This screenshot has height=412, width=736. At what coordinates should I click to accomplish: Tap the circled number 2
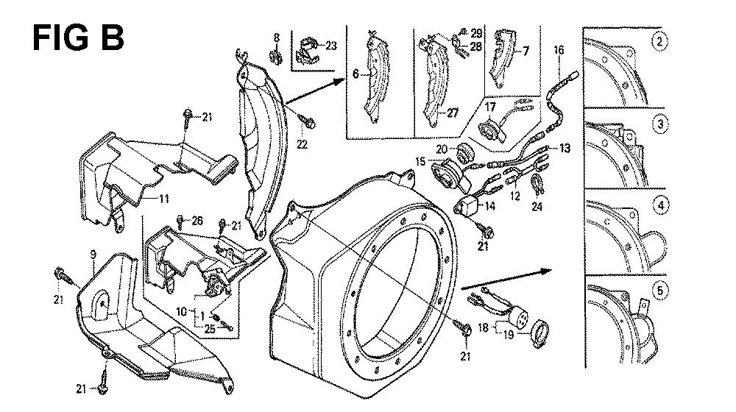(660, 41)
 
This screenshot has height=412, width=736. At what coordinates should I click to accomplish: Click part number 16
(559, 50)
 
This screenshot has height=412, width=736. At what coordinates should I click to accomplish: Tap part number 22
(302, 144)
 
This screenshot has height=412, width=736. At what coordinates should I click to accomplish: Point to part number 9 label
(93, 255)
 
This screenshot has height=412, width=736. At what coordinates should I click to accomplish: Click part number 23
(330, 46)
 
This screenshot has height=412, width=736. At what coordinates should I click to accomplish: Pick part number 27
(452, 113)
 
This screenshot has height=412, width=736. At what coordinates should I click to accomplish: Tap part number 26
(197, 219)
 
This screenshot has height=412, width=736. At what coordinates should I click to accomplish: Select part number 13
(565, 148)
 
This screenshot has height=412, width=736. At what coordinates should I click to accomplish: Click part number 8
(277, 37)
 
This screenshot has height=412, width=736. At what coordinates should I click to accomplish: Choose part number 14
(489, 207)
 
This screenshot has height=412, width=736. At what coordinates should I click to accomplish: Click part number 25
(210, 328)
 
